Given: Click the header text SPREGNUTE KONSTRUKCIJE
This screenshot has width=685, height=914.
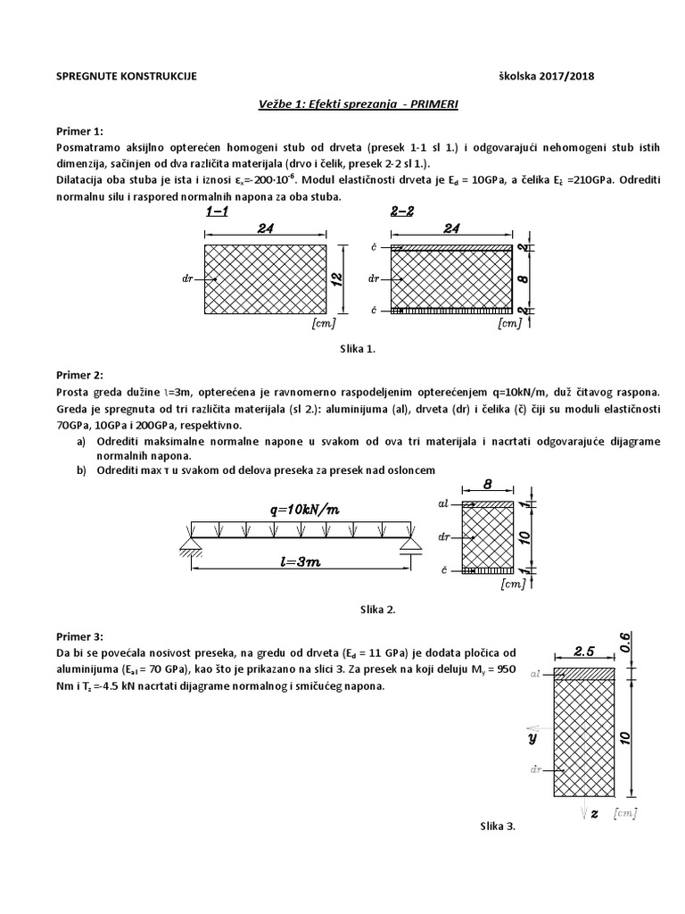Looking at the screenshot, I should click(x=126, y=77).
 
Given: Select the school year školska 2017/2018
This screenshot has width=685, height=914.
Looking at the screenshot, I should click(x=546, y=77).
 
